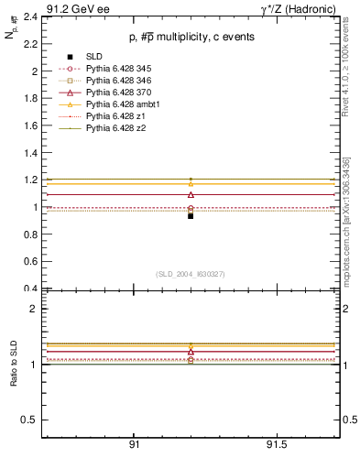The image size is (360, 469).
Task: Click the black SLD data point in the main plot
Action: pos(191,216)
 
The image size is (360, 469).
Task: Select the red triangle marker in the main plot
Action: pos(191,194)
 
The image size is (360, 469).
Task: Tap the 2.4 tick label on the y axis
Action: pos(29,16)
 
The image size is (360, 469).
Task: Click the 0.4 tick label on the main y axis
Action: pos(29,289)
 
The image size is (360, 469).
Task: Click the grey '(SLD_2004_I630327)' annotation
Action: pos(191,273)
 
